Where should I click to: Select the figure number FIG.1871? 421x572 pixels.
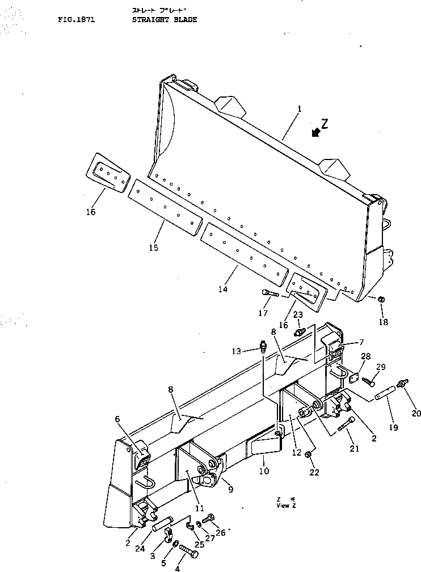pyautogui.click(x=75, y=19)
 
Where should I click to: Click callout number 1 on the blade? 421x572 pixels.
pyautogui.click(x=299, y=108)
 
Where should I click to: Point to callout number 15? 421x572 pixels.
pyautogui.click(x=153, y=247)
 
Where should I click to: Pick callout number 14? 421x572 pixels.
pyautogui.click(x=222, y=289)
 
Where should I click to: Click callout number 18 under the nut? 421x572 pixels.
pyautogui.click(x=384, y=322)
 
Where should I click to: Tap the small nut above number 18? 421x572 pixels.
pyautogui.click(x=382, y=299)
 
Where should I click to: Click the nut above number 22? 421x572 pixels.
pyautogui.click(x=307, y=455)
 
